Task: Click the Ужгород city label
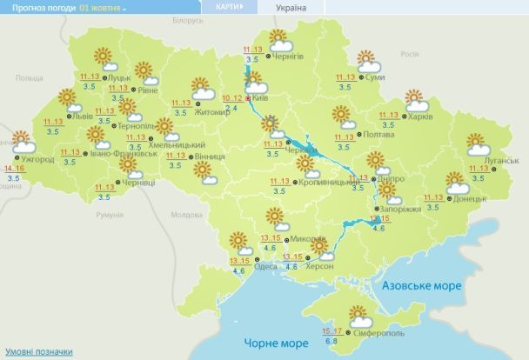[x=36, y=160]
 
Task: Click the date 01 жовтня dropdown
[x=103, y=7]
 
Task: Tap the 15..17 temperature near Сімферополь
[x=331, y=330]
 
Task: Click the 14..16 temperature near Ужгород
[x=13, y=167]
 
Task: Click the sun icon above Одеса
[x=237, y=241]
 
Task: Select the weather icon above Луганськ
[x=477, y=143]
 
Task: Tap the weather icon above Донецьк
[x=457, y=183]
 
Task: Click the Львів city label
[x=82, y=115]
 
